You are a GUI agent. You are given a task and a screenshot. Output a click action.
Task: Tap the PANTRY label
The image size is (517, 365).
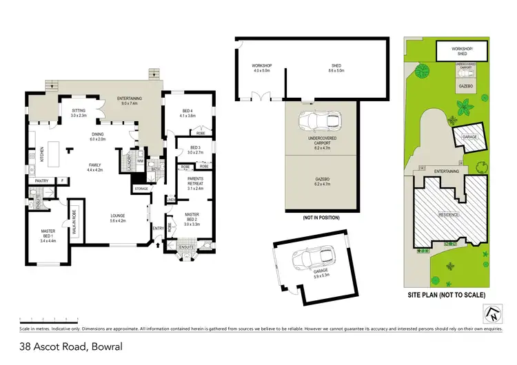pos(40,181)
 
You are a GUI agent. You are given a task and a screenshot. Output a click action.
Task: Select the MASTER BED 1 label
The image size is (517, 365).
pos(48,234)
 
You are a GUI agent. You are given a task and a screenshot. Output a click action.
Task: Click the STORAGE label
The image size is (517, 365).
pos(141,187)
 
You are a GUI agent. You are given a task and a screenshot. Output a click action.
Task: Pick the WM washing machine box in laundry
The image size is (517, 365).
pos(141,162)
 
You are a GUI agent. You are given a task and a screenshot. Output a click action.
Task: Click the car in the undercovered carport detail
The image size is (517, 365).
pos(318,122)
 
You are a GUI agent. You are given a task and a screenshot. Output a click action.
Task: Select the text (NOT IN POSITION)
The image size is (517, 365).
pos(322,218)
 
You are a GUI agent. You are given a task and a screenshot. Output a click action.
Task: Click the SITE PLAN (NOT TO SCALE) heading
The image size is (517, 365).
pos(446,295)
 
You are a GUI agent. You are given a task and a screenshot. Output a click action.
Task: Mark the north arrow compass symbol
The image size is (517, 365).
pos(491,315)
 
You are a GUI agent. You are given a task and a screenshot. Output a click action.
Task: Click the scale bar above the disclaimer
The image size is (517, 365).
pos(49,320)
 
